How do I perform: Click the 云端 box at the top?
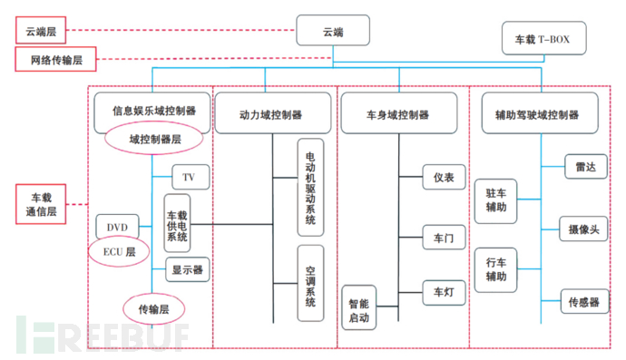point(333,32)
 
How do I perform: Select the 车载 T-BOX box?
point(543,39)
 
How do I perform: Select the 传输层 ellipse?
point(151,309)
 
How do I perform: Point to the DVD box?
point(116,226)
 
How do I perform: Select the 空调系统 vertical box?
point(310,283)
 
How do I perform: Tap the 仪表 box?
point(444,176)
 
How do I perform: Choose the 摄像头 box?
point(582,230)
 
